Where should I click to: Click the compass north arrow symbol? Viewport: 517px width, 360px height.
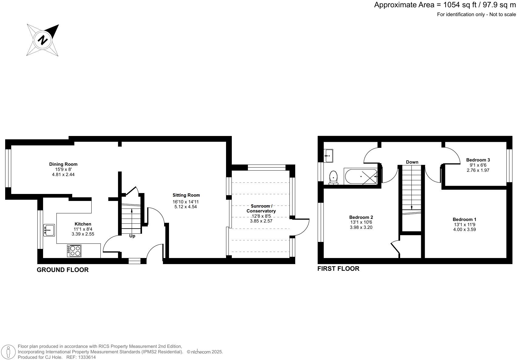pos(43,40)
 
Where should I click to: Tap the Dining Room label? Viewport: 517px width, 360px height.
pos(63,164)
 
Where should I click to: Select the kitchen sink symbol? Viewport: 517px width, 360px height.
pos(49,230)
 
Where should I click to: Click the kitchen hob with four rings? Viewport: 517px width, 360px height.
pos(74,251)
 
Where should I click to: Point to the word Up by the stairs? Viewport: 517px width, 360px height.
pos(132,236)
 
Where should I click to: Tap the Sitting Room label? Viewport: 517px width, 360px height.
pos(186,195)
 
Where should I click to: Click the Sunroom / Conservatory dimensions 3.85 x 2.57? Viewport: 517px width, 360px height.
pos(261,221)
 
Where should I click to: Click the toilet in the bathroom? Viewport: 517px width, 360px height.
pos(333,177)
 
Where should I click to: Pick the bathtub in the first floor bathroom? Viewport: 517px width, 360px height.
pos(360,176)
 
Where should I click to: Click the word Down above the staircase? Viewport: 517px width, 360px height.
pos(412,162)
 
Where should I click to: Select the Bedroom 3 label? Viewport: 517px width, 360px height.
pos(478,160)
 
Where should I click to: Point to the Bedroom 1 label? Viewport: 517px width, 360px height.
pos(464,219)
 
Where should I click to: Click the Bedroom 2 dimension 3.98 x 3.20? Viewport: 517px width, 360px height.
pos(361,227)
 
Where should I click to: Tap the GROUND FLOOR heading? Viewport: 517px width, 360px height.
pos(63,270)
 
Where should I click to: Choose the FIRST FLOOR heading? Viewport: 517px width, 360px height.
pos(338,269)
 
